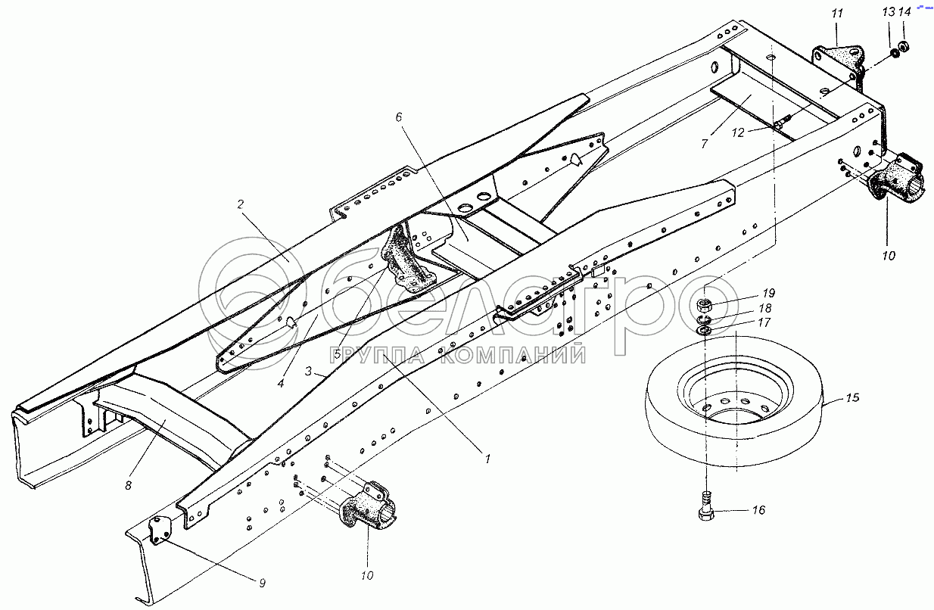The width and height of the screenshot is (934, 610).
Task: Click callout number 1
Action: [x=488, y=459]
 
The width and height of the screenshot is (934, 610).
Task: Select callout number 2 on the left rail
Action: [x=240, y=204]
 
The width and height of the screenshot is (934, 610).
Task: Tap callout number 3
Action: [x=309, y=370]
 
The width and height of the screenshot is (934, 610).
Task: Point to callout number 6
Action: [x=399, y=117]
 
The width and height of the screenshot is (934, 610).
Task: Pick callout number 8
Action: [x=128, y=485]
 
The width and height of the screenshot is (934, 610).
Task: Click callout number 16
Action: [x=758, y=511]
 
